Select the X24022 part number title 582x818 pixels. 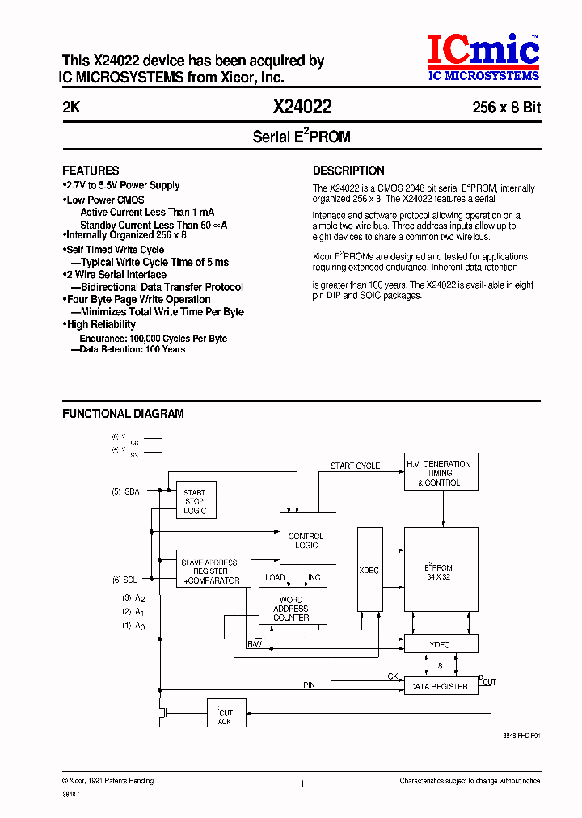pos(302,107)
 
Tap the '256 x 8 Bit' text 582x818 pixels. pos(506,108)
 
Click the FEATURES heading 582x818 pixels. pos(91,171)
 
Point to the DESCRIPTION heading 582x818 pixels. pos(348,171)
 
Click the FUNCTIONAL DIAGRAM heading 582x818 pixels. pos(123,414)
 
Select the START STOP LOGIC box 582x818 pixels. pos(195,501)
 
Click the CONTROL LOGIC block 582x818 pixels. pos(306,540)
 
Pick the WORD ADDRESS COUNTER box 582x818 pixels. pos(290,607)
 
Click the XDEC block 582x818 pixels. pos(369,571)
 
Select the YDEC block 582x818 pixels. pos(441,644)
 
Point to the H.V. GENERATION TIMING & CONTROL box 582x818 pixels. pos(441,473)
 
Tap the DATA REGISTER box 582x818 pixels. pos(441,686)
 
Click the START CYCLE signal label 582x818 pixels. pos(355,466)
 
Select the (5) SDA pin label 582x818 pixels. pos(126,491)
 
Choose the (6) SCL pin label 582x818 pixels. pos(126,579)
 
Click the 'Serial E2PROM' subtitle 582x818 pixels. pos(302,137)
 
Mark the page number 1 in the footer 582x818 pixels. pos(302,783)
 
